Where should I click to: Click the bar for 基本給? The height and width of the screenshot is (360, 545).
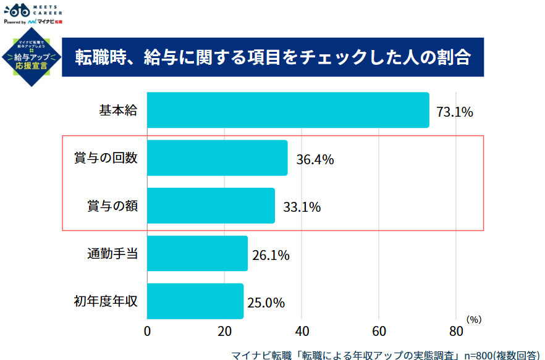(288, 111)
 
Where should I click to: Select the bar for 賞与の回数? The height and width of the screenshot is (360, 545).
(218, 158)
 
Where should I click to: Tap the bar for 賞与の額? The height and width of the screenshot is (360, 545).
(211, 206)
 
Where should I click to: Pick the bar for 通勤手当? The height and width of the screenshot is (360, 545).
(197, 253)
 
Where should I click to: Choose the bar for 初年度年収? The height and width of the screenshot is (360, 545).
(195, 301)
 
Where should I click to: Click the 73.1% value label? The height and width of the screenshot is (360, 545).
(454, 112)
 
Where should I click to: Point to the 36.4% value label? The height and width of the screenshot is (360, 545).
(315, 159)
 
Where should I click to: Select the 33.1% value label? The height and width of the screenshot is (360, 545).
(302, 207)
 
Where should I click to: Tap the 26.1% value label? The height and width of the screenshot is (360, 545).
(271, 254)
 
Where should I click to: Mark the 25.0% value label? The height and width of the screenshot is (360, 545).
(266, 303)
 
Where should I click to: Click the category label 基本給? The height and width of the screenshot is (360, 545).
(118, 111)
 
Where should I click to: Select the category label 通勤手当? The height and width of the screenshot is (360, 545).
(112, 253)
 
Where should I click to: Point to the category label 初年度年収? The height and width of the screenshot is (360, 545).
(106, 301)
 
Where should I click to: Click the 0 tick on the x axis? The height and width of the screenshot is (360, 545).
(147, 331)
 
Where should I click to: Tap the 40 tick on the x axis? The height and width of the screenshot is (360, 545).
(302, 331)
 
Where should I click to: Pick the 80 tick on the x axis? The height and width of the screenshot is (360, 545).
(455, 331)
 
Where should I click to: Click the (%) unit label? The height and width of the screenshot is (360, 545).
(473, 319)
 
